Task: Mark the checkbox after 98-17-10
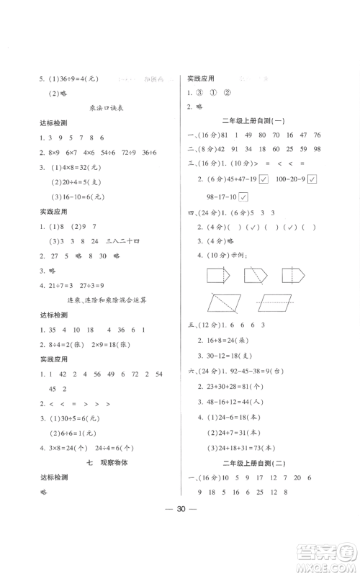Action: [244, 197]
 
